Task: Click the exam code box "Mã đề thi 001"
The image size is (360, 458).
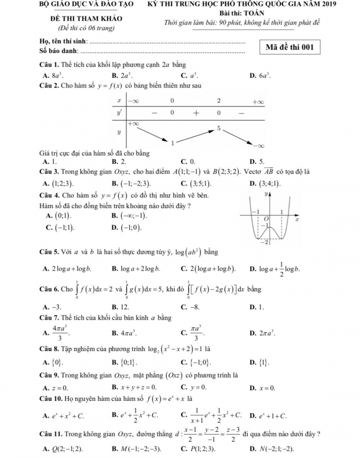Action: click(x=290, y=47)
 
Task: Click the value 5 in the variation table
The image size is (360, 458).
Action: click(x=218, y=129)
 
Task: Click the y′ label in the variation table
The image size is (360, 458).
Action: click(x=119, y=113)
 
